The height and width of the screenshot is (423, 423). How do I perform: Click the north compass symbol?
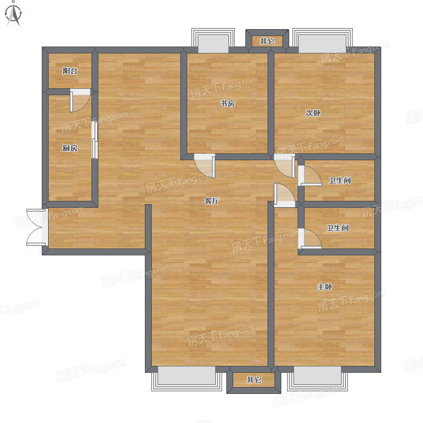coord(14,14)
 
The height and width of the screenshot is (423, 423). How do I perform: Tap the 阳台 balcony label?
coord(70,71)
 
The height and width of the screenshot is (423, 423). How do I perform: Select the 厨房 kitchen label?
coord(70,148)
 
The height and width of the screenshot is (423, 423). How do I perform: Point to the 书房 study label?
coord(228,103)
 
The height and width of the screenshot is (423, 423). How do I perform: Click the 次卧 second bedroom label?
coord(313,113)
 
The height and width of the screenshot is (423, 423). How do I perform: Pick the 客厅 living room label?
coord(212,201)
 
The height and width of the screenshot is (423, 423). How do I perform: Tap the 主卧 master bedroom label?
coord(325,287)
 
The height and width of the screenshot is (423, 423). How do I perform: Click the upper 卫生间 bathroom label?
coord(340,180)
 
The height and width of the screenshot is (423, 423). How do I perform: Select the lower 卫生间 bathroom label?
coord(338,228)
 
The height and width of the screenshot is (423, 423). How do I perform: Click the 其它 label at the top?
coord(268,41)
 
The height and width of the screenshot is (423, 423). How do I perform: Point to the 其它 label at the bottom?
coord(254,380)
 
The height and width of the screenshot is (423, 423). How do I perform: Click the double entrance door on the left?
coord(37,227)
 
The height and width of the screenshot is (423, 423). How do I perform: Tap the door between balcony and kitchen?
coord(80,100)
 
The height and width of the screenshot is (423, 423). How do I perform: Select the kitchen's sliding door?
coord(95,140)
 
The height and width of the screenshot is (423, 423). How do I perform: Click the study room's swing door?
coord(205,165)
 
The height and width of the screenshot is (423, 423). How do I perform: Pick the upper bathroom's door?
coord(310,176)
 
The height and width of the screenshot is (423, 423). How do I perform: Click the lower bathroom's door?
coord(310,238)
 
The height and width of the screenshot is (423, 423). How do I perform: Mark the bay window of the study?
coord(213,41)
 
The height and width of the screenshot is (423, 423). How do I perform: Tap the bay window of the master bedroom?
coord(317,379)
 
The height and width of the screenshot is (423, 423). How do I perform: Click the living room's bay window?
coord(187,379)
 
